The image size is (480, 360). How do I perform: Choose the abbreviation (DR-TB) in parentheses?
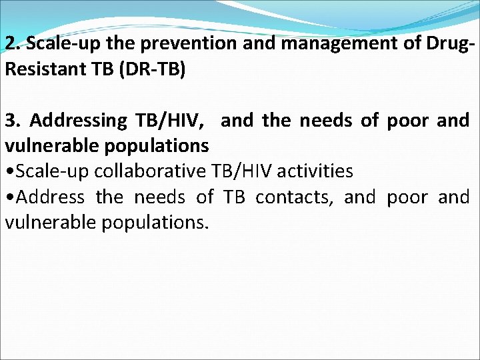pyautogui.click(x=153, y=69)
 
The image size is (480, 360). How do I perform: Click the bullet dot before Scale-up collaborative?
pyautogui.click(x=9, y=171)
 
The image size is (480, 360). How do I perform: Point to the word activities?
pyautogui.click(x=315, y=171)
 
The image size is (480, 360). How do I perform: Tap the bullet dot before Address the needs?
pyautogui.click(x=9, y=197)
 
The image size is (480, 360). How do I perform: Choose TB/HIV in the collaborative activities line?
pyautogui.click(x=241, y=171)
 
